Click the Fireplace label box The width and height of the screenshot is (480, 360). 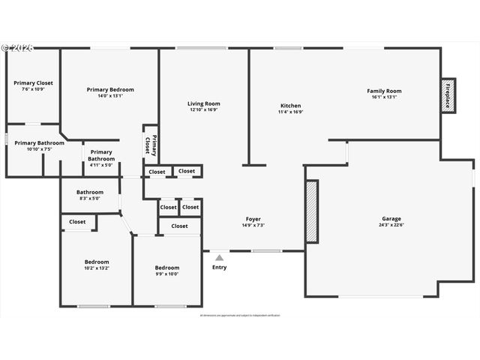(x=448, y=95)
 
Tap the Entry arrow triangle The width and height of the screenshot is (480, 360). (x=219, y=258)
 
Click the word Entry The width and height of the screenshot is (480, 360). (x=219, y=268)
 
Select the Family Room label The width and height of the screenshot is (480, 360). (x=384, y=91)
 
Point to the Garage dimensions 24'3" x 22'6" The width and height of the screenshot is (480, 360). (x=391, y=224)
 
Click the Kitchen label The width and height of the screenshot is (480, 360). (x=290, y=106)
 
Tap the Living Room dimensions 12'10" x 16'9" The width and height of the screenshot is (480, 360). (x=203, y=109)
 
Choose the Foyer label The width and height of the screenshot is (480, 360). (x=253, y=219)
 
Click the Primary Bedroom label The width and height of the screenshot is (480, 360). (x=109, y=89)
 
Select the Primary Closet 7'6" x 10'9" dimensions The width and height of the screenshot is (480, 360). (x=33, y=89)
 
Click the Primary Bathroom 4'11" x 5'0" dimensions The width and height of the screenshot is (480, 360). (x=100, y=165)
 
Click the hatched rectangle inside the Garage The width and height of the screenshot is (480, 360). (x=311, y=211)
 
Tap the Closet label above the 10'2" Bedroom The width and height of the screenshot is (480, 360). (x=77, y=222)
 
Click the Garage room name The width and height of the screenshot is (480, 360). (x=391, y=218)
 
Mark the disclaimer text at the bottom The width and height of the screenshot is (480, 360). (x=240, y=315)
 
